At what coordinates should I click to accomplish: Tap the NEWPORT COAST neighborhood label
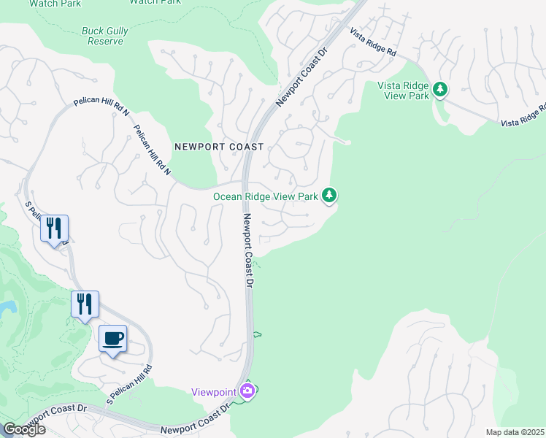[x=219, y=147]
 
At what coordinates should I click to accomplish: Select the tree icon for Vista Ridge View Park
[x=439, y=90]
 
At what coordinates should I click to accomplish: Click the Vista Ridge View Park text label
[x=402, y=90]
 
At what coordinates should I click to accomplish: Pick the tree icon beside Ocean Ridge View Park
[x=330, y=195]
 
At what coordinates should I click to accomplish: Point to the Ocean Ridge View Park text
[x=266, y=196]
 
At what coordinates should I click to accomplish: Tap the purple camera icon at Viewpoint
[x=248, y=392]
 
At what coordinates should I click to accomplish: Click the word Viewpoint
[x=213, y=392]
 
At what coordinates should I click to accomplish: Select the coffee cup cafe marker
[x=112, y=339]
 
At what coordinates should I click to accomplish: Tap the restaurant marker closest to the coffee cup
[x=85, y=304]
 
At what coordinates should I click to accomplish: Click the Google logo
[x=23, y=429]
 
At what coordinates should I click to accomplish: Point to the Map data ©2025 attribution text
[x=515, y=432]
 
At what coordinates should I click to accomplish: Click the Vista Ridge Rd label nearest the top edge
[x=372, y=43]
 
